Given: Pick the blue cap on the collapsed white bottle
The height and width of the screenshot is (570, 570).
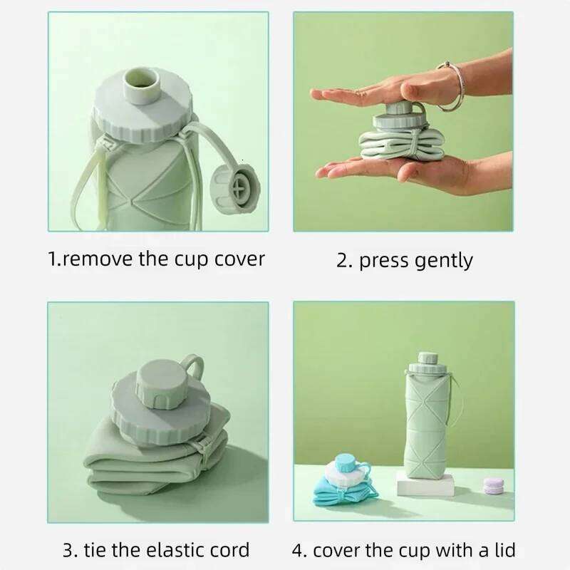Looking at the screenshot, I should [x=346, y=463].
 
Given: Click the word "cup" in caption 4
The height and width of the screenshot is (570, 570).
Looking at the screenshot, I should [x=412, y=549].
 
